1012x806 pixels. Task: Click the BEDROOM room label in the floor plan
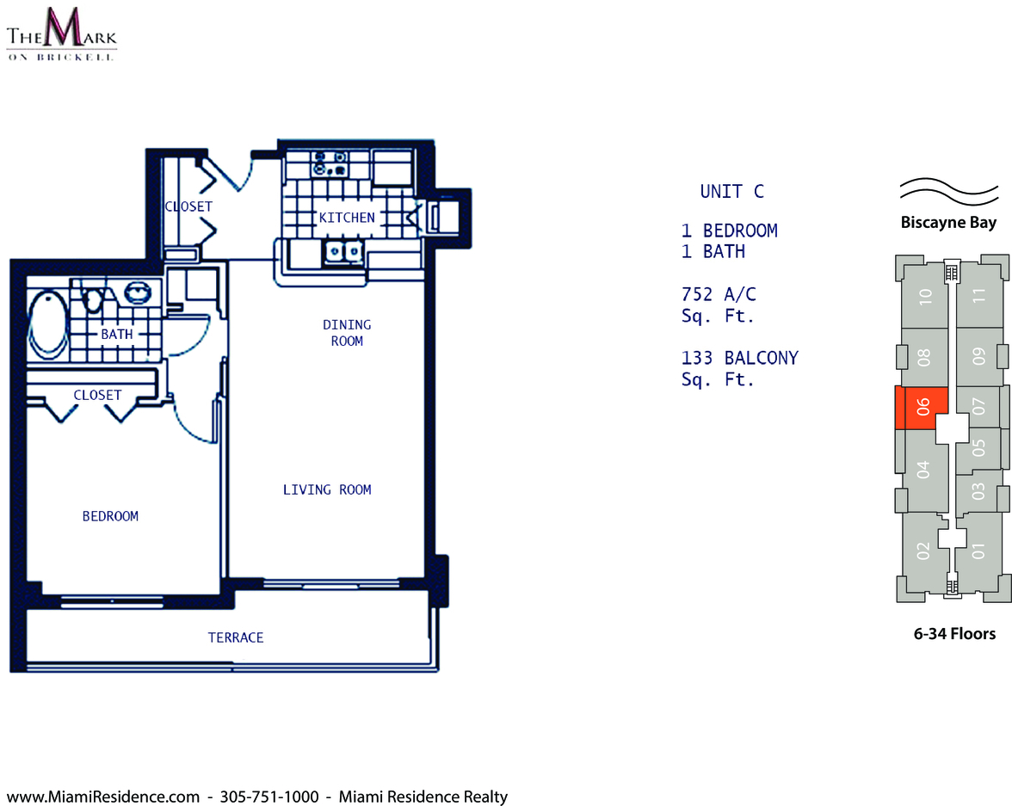click(x=110, y=516)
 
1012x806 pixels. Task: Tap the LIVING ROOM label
click(x=327, y=489)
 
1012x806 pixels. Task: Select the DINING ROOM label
click(x=348, y=333)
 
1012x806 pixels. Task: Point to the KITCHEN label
click(x=347, y=218)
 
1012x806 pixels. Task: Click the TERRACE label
click(x=236, y=637)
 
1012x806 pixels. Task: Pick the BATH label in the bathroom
click(x=117, y=335)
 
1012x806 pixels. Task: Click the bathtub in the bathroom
click(x=48, y=324)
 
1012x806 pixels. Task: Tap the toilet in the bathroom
click(x=95, y=298)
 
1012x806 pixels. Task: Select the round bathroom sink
click(x=138, y=292)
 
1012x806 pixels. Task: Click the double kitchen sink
click(x=343, y=251)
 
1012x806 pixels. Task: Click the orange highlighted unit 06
click(x=921, y=408)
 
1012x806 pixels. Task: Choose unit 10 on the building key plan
click(x=926, y=297)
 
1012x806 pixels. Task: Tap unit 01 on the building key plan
click(x=979, y=551)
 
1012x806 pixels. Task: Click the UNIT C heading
click(x=731, y=192)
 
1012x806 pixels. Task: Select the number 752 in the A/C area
click(x=697, y=294)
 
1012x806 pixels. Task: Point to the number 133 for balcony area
click(x=697, y=358)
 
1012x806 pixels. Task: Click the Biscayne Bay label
click(x=948, y=223)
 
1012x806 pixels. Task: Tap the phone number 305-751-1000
click(x=269, y=797)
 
